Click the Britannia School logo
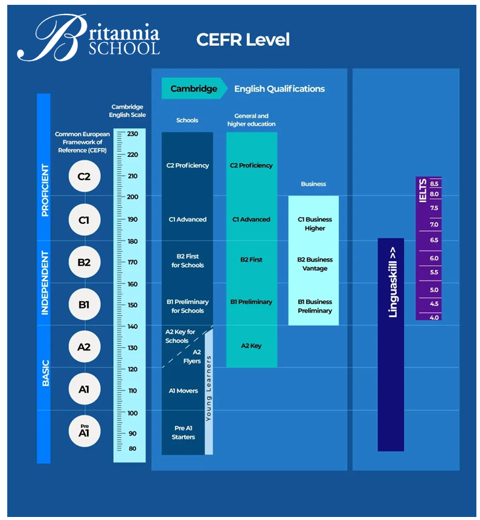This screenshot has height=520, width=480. (89, 37)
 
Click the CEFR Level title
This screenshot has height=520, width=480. (243, 40)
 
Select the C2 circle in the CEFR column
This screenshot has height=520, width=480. (84, 177)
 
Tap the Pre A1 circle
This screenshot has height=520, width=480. (84, 431)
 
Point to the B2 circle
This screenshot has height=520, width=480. (84, 262)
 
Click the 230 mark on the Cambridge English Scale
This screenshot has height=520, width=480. (132, 134)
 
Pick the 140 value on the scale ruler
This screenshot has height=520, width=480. (132, 327)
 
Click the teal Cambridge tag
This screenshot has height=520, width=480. (193, 89)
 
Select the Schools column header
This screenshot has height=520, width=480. (187, 120)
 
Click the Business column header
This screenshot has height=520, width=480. (313, 184)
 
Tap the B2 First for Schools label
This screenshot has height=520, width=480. (187, 261)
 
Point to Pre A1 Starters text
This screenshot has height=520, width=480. (184, 432)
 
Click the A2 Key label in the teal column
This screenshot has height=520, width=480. (251, 346)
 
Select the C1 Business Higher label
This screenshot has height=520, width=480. (315, 224)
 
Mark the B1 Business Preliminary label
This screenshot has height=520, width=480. (315, 306)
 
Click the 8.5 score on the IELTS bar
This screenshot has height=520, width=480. (434, 183)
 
